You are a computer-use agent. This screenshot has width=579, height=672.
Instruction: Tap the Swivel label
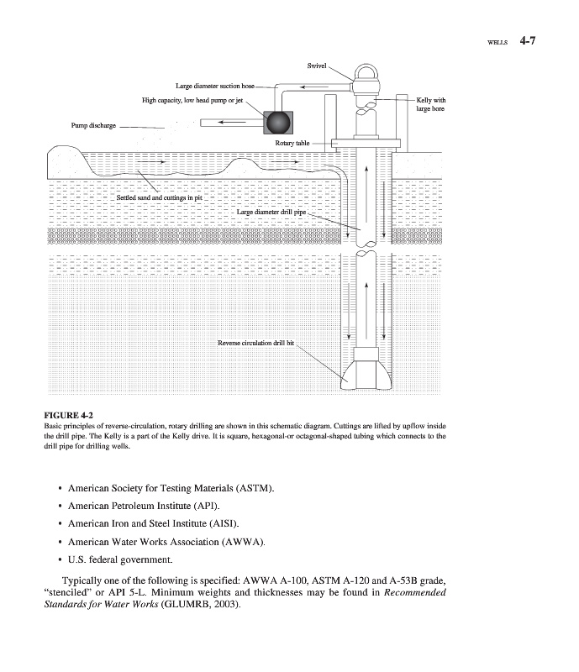click(318, 65)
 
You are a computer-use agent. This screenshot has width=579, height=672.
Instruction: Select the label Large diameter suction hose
click(214, 86)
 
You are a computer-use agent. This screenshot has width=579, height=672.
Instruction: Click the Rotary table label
click(292, 144)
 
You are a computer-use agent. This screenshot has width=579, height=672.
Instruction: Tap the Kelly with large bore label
click(430, 105)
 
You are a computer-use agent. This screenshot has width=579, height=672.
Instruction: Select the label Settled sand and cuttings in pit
click(160, 197)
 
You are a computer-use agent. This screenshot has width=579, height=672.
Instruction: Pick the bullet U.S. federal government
click(120, 559)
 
